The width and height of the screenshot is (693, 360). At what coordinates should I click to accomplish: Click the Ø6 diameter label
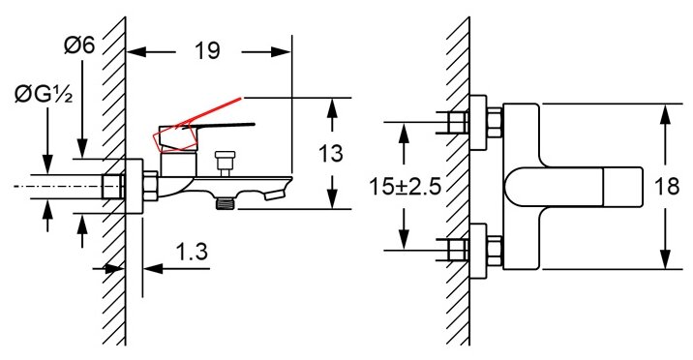tap(79, 45)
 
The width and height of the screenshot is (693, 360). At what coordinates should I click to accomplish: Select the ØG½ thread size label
tap(44, 95)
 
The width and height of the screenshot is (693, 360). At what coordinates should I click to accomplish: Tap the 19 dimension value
tap(207, 51)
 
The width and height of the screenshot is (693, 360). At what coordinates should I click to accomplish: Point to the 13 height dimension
tap(330, 153)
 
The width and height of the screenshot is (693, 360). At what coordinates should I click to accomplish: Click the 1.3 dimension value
tap(192, 253)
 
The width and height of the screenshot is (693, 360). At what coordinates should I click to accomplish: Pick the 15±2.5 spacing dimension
tap(405, 187)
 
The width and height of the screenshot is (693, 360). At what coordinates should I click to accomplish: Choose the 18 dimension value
tap(667, 187)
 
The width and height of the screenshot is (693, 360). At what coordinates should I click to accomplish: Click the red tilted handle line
tap(208, 113)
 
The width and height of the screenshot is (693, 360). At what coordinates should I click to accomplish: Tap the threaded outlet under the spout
tap(225, 203)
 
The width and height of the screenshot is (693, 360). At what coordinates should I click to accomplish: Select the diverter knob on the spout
tap(225, 163)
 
